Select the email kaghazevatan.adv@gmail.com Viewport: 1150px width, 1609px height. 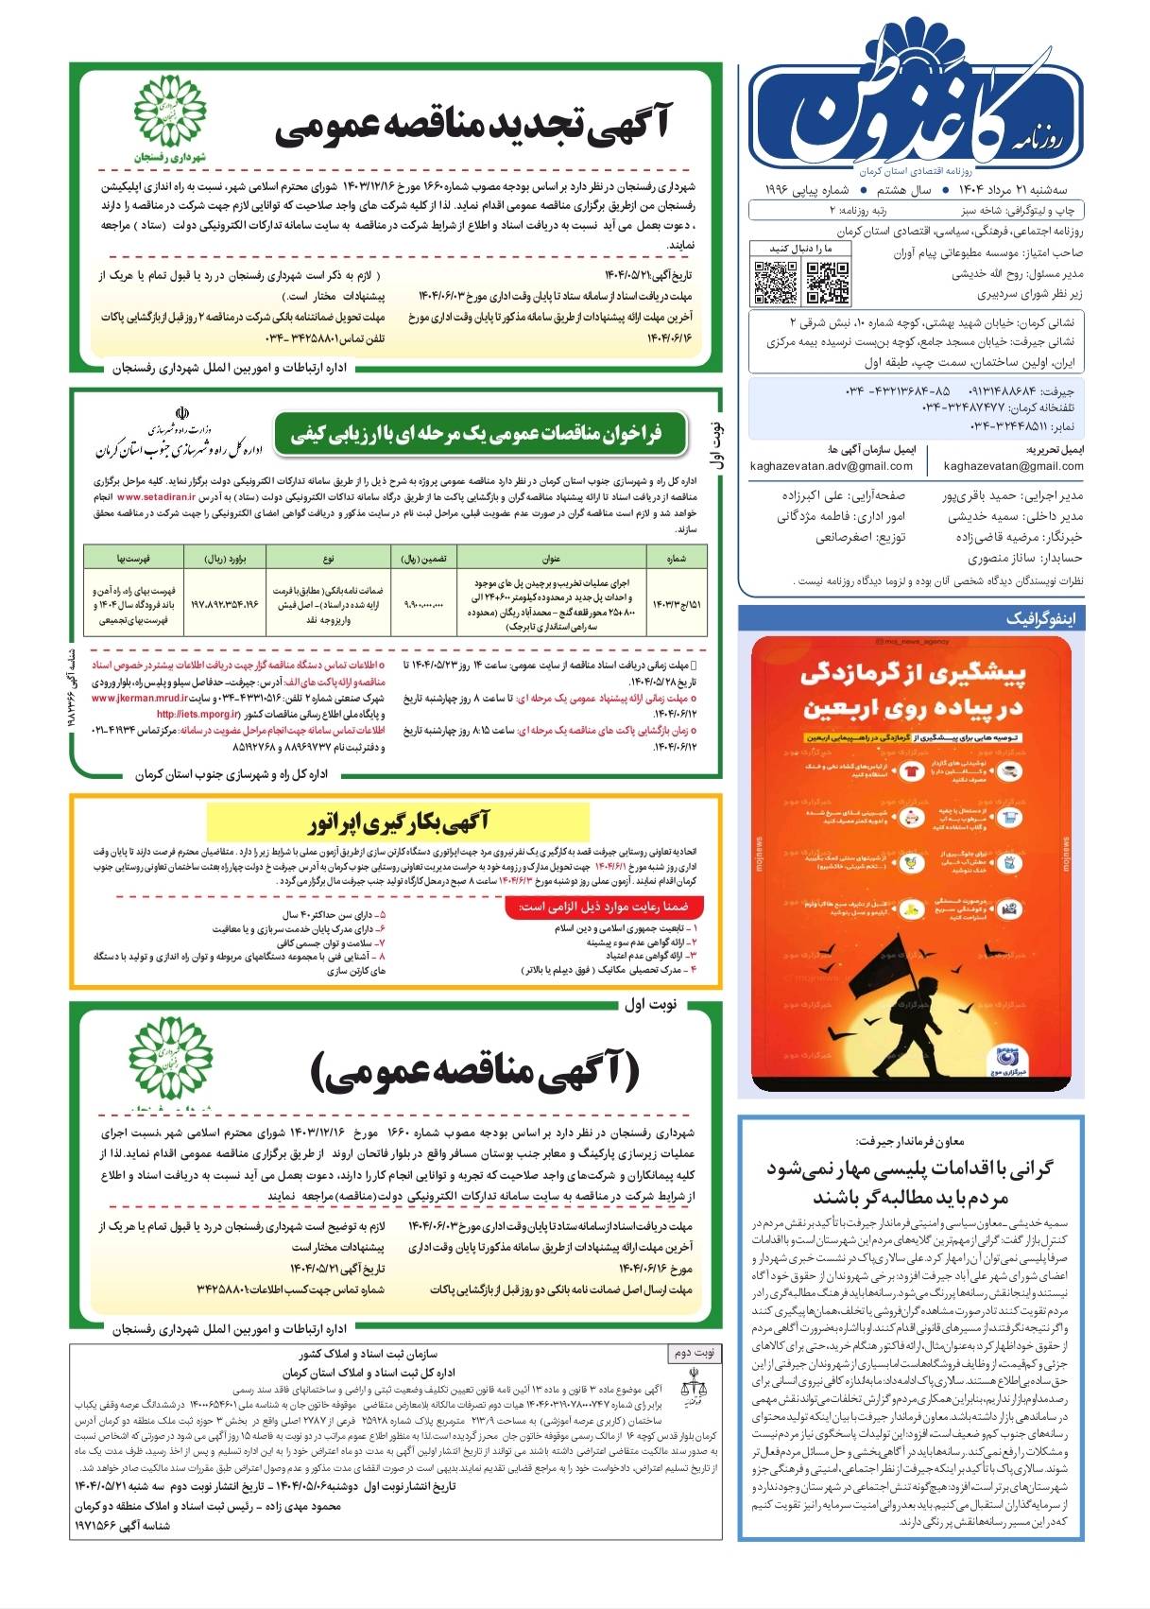831,466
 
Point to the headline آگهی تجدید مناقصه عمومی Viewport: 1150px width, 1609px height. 472,129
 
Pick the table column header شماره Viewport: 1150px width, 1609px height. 676,559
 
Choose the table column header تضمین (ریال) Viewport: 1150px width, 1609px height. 423,559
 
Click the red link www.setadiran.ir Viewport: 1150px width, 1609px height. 157,496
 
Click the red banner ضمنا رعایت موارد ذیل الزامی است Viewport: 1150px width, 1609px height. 605,907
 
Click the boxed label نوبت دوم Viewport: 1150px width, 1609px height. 694,1353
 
